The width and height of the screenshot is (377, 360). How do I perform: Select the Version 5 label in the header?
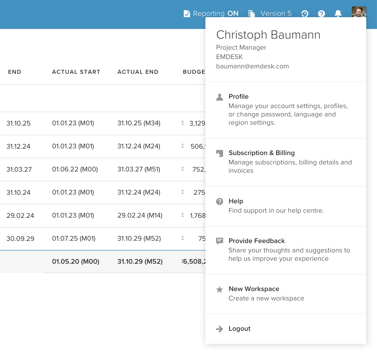[x=276, y=13]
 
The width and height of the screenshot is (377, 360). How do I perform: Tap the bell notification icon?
[x=338, y=13]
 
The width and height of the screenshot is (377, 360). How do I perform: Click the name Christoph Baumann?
[x=268, y=35]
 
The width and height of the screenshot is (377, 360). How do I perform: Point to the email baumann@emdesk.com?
[x=252, y=66]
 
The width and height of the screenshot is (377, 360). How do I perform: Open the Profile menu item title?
[x=238, y=97]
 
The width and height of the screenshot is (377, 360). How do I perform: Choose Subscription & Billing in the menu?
[x=261, y=153]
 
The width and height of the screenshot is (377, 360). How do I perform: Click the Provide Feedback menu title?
[x=256, y=241]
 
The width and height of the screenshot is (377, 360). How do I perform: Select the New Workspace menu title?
[x=254, y=289]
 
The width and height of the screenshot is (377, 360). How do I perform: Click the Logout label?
[x=239, y=329]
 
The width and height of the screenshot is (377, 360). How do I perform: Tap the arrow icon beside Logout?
[x=220, y=329]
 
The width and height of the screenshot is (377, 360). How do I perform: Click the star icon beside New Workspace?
[x=220, y=289]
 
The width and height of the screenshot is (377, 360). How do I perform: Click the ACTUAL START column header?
[x=76, y=72]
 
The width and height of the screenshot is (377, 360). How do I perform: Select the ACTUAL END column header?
[x=138, y=72]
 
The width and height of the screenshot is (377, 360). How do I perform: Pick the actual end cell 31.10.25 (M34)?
[x=139, y=123]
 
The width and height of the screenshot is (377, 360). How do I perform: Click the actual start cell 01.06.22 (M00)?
[x=75, y=169]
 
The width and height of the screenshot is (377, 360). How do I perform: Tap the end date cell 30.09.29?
[x=20, y=238]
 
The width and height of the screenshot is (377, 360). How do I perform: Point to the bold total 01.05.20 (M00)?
[x=76, y=262]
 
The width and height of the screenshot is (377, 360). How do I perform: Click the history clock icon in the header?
[x=305, y=13]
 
